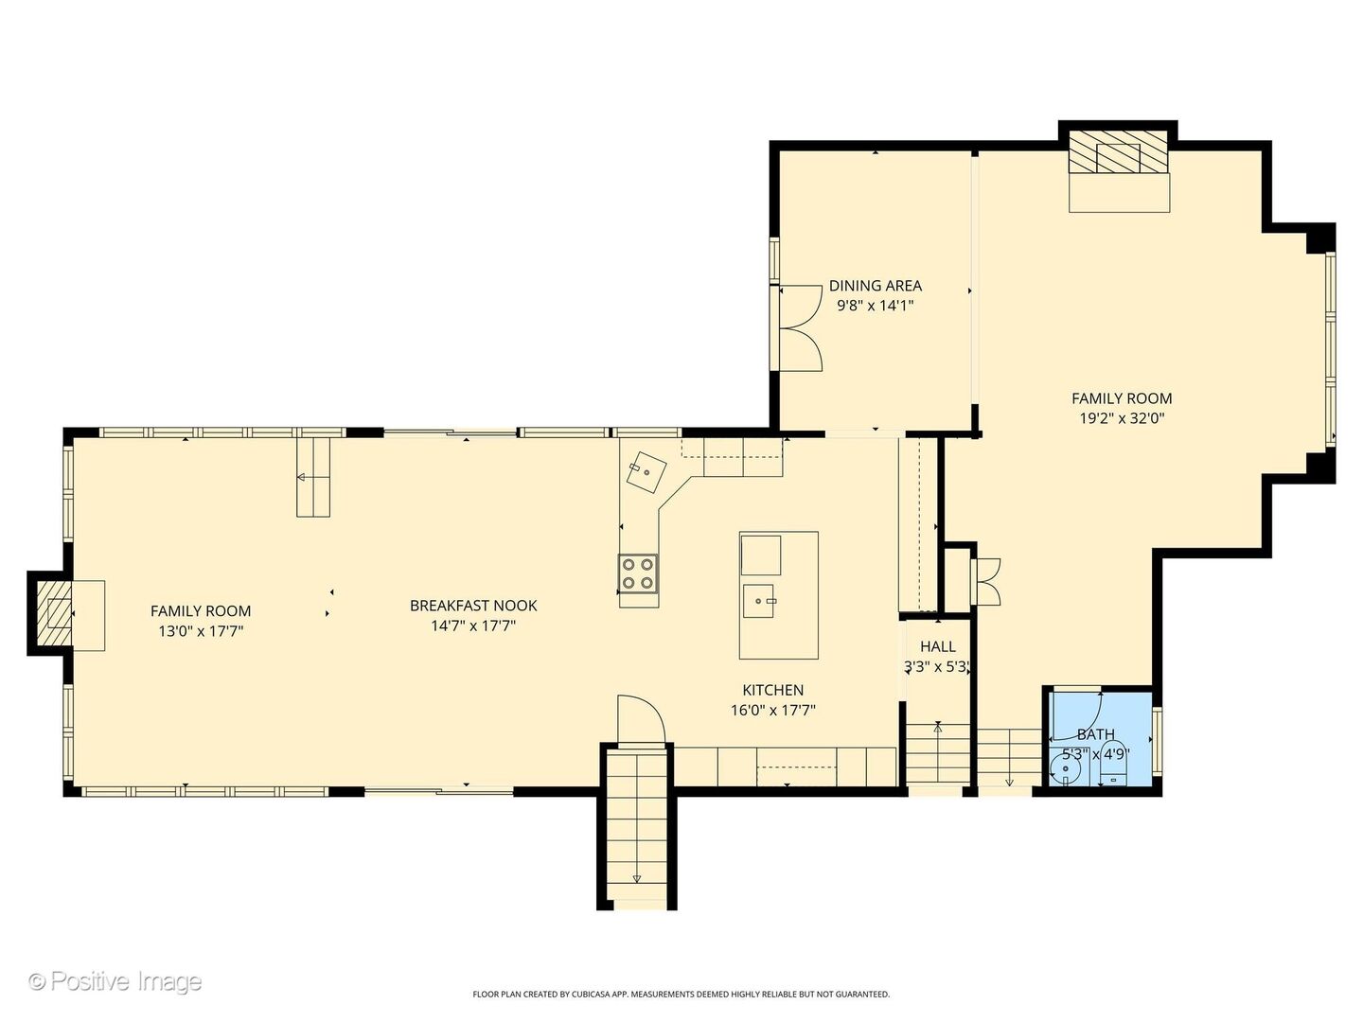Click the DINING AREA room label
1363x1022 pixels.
[x=875, y=286]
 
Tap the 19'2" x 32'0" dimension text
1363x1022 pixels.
[x=1122, y=418]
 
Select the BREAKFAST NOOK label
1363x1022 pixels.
[x=473, y=605]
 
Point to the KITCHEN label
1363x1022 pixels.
[x=773, y=690]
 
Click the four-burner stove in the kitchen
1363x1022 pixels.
[x=638, y=573]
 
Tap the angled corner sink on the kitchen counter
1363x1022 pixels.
[x=646, y=471]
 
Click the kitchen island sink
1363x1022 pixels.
[x=759, y=601]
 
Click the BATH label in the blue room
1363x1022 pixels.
[x=1095, y=734]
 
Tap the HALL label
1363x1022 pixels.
[x=938, y=646]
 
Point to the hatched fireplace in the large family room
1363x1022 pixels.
[x=1118, y=151]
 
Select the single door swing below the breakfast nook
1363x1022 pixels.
[x=641, y=718]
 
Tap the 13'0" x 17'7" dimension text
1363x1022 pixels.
[x=201, y=631]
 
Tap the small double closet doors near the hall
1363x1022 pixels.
[x=988, y=581]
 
